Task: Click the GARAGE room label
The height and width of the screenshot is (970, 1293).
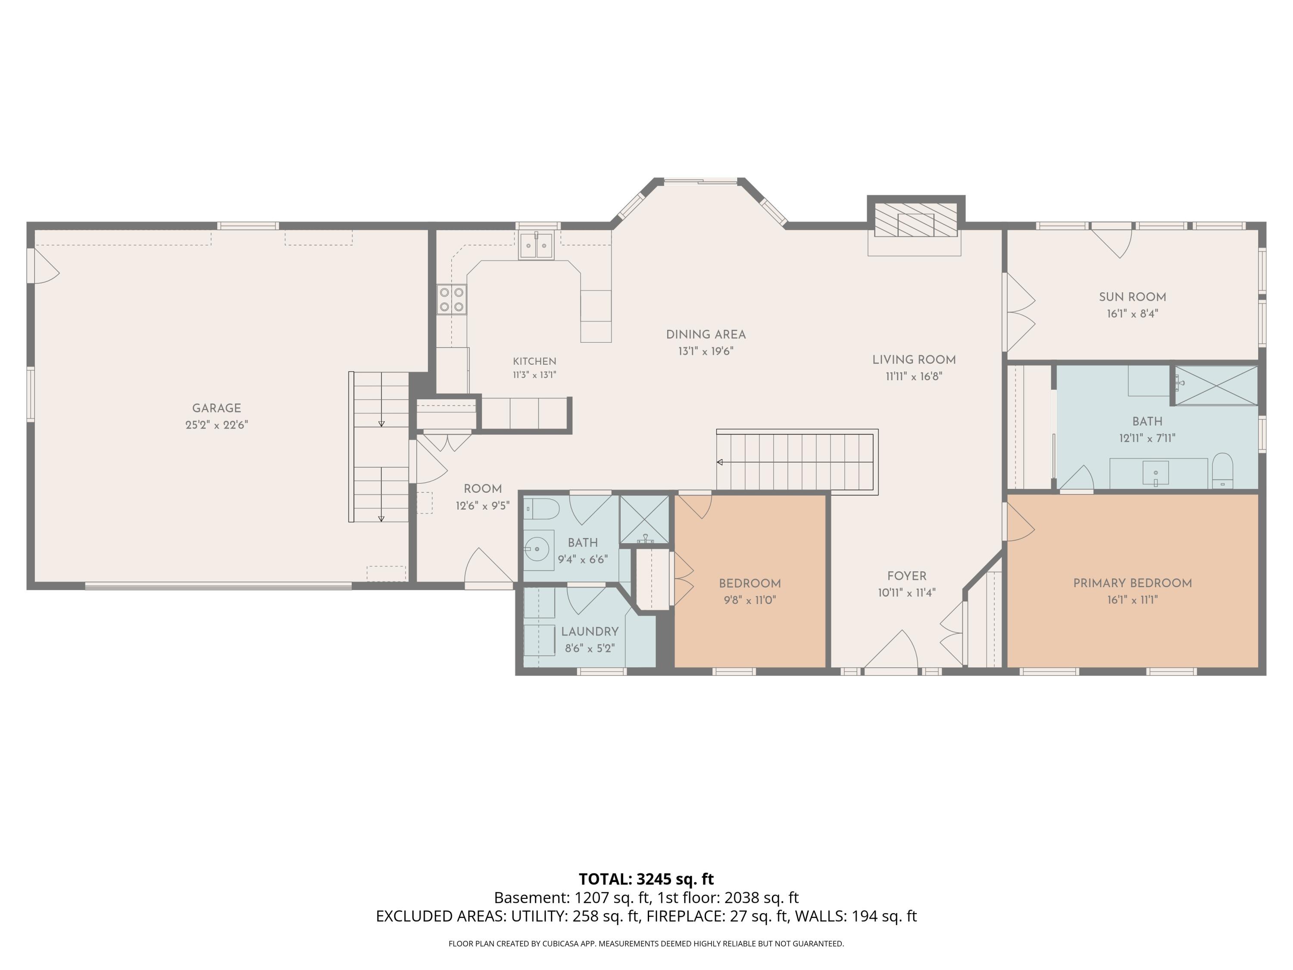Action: pyautogui.click(x=216, y=408)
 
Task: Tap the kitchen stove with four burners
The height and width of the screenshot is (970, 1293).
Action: pyautogui.click(x=452, y=299)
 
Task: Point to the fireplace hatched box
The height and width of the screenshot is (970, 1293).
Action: pyautogui.click(x=915, y=219)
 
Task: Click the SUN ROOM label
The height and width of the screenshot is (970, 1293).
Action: pyautogui.click(x=1132, y=297)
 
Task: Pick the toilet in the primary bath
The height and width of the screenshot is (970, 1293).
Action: pyautogui.click(x=1222, y=471)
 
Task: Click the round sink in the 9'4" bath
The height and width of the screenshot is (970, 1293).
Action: pyautogui.click(x=537, y=549)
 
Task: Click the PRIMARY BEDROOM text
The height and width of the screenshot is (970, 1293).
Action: pyautogui.click(x=1132, y=583)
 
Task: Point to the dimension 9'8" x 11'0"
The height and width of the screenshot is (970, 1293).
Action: pyautogui.click(x=750, y=600)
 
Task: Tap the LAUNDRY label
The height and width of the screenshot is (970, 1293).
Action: pyautogui.click(x=589, y=632)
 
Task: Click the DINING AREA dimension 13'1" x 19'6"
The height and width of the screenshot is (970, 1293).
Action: pyautogui.click(x=706, y=351)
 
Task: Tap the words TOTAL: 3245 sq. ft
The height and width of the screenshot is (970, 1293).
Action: pyautogui.click(x=646, y=879)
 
